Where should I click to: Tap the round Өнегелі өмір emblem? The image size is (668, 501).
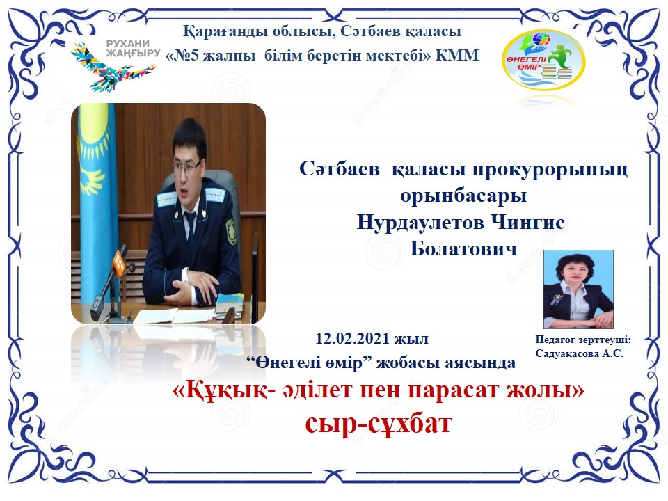click(x=544, y=59)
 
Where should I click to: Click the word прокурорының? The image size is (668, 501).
click(x=550, y=170)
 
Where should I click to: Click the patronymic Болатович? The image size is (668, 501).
click(x=463, y=249)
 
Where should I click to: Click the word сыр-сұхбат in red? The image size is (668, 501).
click(x=379, y=424)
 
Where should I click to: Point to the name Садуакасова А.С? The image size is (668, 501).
click(x=580, y=353)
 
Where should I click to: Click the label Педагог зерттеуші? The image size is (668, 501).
click(x=583, y=340)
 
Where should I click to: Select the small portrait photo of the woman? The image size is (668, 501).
click(x=578, y=289)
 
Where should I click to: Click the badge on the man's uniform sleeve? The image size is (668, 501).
click(x=230, y=232)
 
